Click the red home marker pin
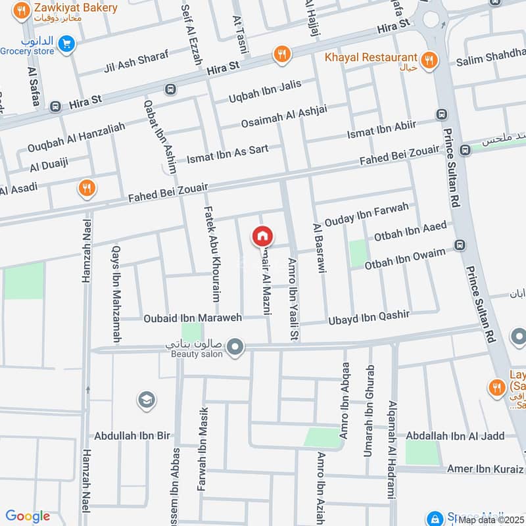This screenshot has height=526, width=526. tap(262, 236)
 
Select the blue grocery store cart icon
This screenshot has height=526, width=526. tap(65, 44)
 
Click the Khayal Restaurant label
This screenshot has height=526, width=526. tap(371, 58)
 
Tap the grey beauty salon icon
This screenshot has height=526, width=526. tap(235, 346)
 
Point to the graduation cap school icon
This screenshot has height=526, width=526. tap(146, 399)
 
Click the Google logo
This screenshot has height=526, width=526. tap(28, 516)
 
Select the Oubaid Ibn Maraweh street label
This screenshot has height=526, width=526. tap(193, 318)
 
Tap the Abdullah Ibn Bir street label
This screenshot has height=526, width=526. tap(132, 435)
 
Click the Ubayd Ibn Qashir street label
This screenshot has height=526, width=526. tap(369, 318)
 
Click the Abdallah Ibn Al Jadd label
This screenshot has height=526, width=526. tap(455, 436)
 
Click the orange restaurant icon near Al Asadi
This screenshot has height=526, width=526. tap(85, 189)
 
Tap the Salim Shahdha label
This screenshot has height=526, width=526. tap(490, 62)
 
